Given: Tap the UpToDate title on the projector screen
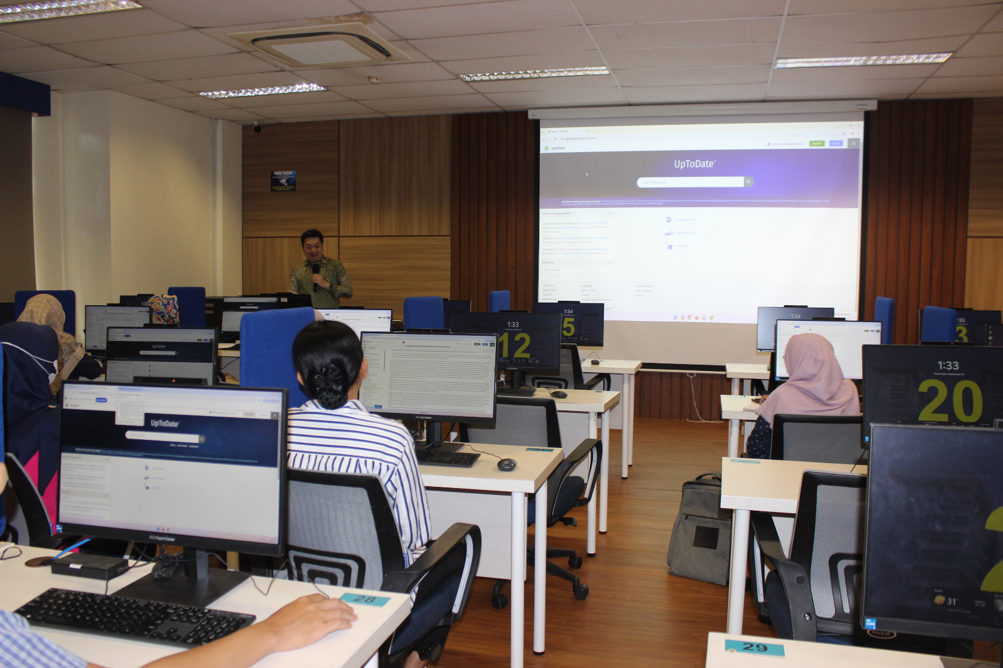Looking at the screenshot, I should (694, 164).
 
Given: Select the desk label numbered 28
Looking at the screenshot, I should (365, 600).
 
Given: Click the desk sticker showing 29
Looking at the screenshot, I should (754, 647).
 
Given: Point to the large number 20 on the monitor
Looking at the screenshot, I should (950, 402).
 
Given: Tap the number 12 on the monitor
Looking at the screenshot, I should (515, 345).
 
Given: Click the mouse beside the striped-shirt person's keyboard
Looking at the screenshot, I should (507, 464).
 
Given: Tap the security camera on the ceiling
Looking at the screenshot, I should (257, 128).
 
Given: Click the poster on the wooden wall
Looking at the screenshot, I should (283, 180).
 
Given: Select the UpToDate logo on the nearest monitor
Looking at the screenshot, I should (164, 424).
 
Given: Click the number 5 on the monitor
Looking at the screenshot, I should (569, 326).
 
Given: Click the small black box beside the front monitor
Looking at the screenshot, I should (90, 566).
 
